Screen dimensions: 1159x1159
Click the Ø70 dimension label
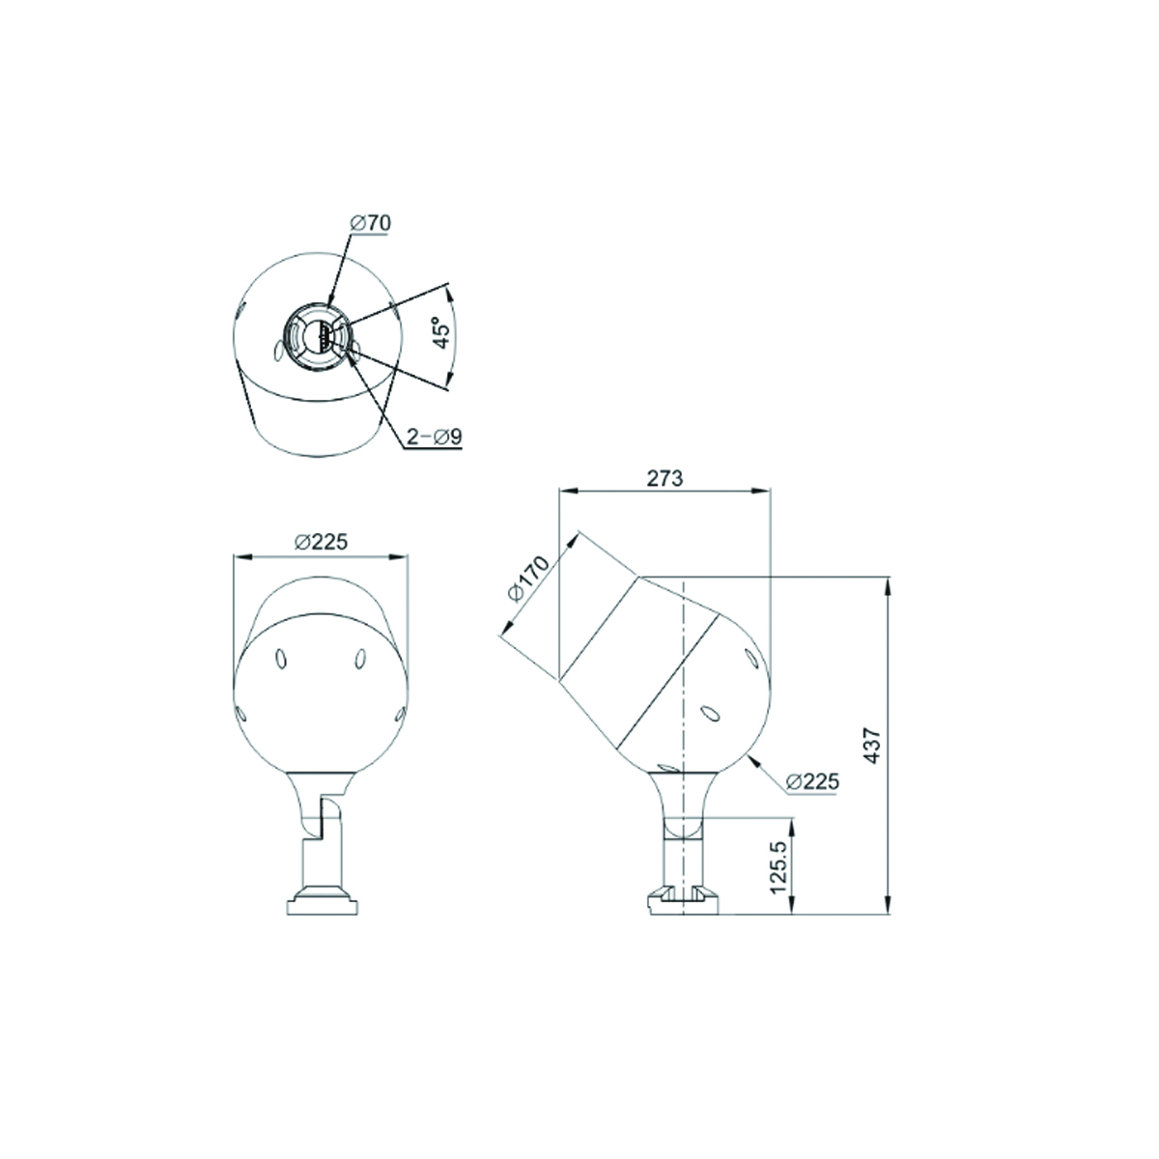tap(370, 223)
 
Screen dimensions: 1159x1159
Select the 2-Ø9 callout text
tap(435, 437)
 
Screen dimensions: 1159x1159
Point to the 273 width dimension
tap(664, 478)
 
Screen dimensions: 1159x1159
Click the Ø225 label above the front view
tap(322, 542)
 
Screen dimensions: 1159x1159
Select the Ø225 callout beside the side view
tap(812, 781)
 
